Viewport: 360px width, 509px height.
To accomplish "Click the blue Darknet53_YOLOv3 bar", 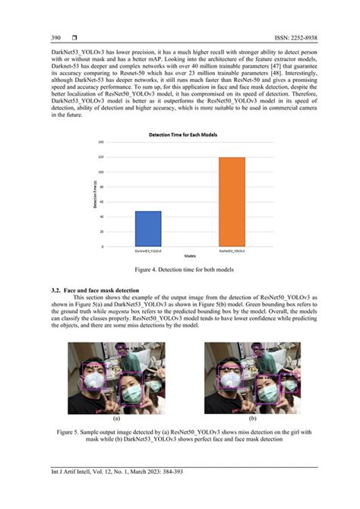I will [147, 229].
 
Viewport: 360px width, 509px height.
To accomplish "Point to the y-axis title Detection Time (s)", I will [94, 195].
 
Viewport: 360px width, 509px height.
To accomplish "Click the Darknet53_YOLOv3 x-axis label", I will [147, 251].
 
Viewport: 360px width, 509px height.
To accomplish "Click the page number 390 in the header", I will [56, 37].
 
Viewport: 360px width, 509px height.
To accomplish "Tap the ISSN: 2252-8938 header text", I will [283, 37].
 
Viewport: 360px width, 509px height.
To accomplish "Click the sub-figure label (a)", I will [116, 418].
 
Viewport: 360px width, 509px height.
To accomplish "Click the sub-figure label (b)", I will [253, 418].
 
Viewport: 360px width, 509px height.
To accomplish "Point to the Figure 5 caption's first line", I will [180, 432].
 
